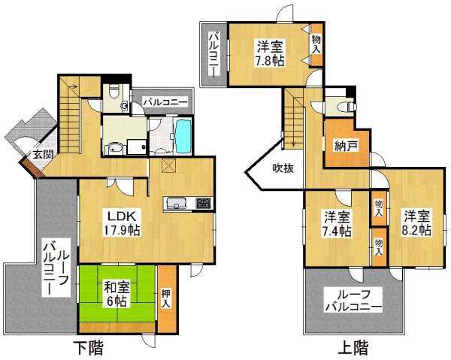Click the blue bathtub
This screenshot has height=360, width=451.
point(183,137)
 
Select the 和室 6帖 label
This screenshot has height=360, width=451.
point(117,293)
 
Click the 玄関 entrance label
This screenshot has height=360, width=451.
point(42,154)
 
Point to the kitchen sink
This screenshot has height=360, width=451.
point(176,203)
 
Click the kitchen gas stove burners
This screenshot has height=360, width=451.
point(204,203)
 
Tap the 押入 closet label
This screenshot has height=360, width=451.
point(166,298)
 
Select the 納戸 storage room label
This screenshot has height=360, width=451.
point(347,147)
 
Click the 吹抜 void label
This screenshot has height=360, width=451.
point(283,168)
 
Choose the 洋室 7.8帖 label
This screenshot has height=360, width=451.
point(270,53)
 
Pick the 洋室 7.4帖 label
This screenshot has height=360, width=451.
point(337,224)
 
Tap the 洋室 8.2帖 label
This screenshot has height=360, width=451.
point(416,223)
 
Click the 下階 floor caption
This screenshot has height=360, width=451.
point(88,348)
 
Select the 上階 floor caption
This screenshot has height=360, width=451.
point(353,348)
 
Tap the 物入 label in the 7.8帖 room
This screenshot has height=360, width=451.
point(316,44)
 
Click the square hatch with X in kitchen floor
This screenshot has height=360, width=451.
point(168,165)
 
